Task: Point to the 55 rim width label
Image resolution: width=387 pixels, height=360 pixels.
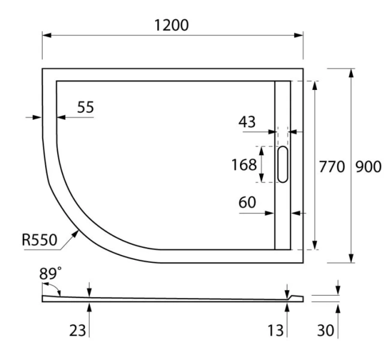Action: click(x=86, y=107)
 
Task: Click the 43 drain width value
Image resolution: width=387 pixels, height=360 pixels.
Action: click(x=246, y=122)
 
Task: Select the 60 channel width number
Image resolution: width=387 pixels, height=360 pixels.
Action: click(x=247, y=203)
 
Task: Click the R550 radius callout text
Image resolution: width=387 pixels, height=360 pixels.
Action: click(x=39, y=240)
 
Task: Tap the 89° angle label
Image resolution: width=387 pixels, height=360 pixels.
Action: click(x=50, y=274)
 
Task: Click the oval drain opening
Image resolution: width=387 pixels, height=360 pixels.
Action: click(x=282, y=164)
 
